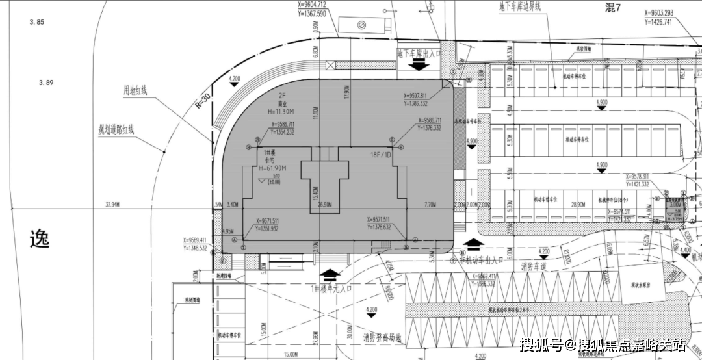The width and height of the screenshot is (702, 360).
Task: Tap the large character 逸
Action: click(39, 239)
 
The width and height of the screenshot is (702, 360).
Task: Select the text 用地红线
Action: click(136, 90)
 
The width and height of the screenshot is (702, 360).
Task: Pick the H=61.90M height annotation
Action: click(273, 168)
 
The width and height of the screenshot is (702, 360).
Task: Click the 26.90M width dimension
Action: click(324, 205)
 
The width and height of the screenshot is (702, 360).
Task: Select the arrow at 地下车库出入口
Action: click(419, 65)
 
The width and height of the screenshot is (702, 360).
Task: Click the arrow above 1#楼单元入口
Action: click(330, 275)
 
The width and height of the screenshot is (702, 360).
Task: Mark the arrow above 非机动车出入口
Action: click(474, 244)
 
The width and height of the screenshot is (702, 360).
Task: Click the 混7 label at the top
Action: click(613, 8)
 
